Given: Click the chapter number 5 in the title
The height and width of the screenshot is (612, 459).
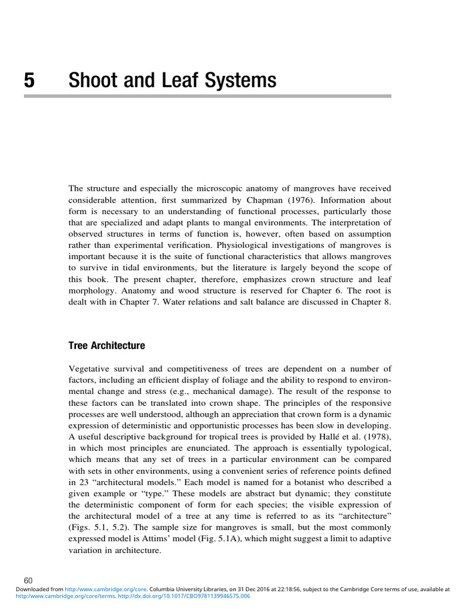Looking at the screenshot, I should (29, 80).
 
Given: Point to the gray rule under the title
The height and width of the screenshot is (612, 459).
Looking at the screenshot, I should (230, 96).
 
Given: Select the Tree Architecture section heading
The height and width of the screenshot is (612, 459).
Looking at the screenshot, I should (106, 346).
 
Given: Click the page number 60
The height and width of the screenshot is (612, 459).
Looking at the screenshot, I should (28, 580).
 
